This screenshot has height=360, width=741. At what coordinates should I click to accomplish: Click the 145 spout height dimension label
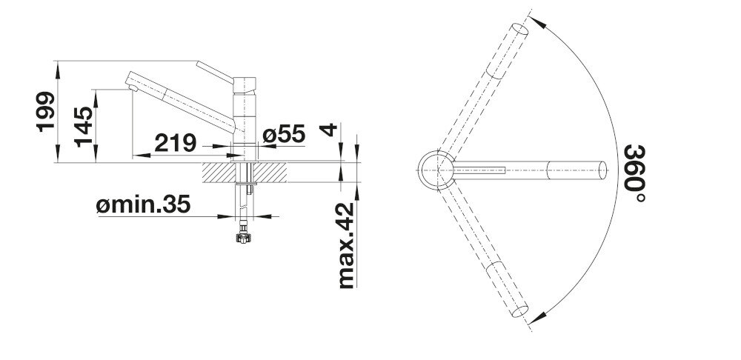[83, 124]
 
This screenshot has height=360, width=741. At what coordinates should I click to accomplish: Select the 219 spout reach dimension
[175, 141]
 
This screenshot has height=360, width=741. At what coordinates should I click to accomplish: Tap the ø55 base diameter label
[283, 135]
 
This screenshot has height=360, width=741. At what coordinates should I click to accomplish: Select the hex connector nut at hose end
[242, 239]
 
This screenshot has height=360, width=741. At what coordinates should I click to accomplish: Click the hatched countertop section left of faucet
[218, 172]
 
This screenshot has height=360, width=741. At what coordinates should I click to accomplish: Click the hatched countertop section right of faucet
[272, 172]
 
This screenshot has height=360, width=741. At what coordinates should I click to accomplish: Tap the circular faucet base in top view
[436, 170]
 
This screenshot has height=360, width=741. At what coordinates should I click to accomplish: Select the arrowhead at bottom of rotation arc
[539, 316]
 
